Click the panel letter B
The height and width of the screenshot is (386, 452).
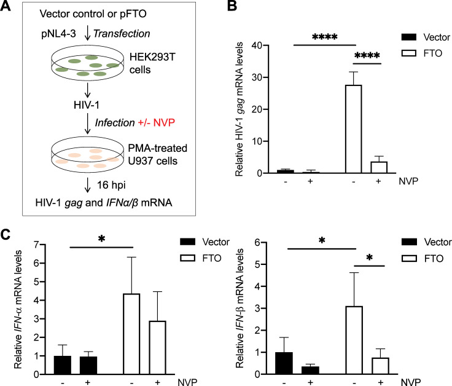click(232, 6)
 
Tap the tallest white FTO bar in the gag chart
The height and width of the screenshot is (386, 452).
click(353, 129)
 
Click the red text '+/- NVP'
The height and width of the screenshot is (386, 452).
click(156, 122)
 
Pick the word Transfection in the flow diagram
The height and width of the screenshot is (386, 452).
click(122, 33)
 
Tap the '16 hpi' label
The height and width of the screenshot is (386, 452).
click(111, 185)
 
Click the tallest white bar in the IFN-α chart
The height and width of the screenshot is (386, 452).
click(131, 334)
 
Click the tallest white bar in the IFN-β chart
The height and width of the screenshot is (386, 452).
click(354, 340)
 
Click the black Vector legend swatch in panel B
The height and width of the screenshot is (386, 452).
click(409, 37)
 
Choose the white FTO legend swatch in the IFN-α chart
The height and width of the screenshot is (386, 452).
click(187, 258)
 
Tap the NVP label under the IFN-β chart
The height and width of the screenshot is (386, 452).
click(411, 382)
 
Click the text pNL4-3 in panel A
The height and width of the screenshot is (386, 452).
click(58, 34)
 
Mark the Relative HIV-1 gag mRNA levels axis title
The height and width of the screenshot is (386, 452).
click(240, 109)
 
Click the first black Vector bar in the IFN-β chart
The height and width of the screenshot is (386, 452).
click(284, 363)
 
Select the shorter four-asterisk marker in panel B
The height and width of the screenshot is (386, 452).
click(367, 55)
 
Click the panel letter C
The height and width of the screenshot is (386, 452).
click(6, 235)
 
